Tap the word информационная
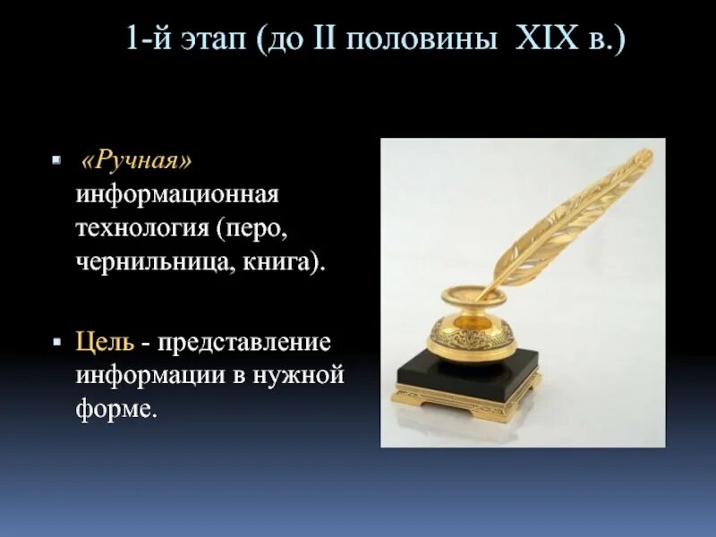tap(177, 194)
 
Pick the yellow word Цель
tap(105, 342)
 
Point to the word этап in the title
tap(212, 42)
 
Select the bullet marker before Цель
tap(56, 342)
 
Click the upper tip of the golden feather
tap(646, 154)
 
